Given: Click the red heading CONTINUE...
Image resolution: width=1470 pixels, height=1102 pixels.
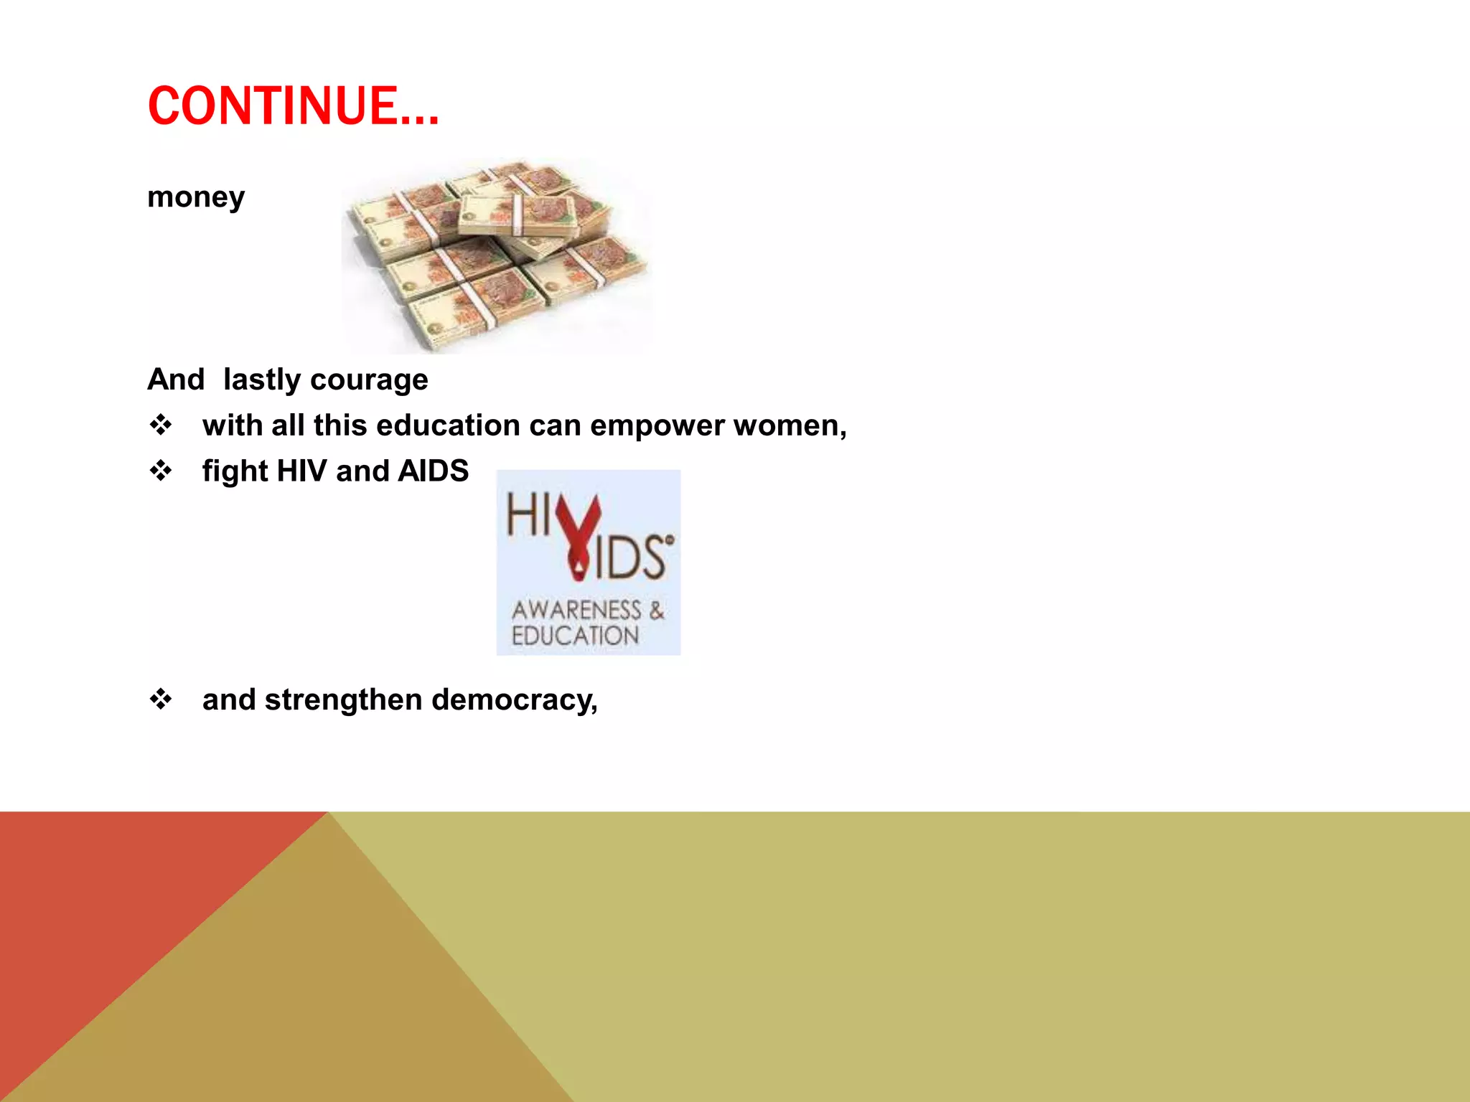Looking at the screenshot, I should tap(293, 106).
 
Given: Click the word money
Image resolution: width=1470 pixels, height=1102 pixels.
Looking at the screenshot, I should tap(196, 197).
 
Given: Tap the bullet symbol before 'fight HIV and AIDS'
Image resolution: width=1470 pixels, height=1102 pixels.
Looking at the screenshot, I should tap(161, 471).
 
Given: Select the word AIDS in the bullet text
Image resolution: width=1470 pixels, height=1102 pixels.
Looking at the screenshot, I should tap(433, 471).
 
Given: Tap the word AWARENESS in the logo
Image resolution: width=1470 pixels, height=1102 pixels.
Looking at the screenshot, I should tap(576, 611).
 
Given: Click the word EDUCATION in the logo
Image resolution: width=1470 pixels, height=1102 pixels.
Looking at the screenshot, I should tap(575, 636).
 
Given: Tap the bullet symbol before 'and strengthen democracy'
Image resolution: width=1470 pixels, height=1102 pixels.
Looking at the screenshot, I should tap(161, 700).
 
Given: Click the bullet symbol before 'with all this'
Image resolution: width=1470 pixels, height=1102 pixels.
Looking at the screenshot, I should tap(161, 425).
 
